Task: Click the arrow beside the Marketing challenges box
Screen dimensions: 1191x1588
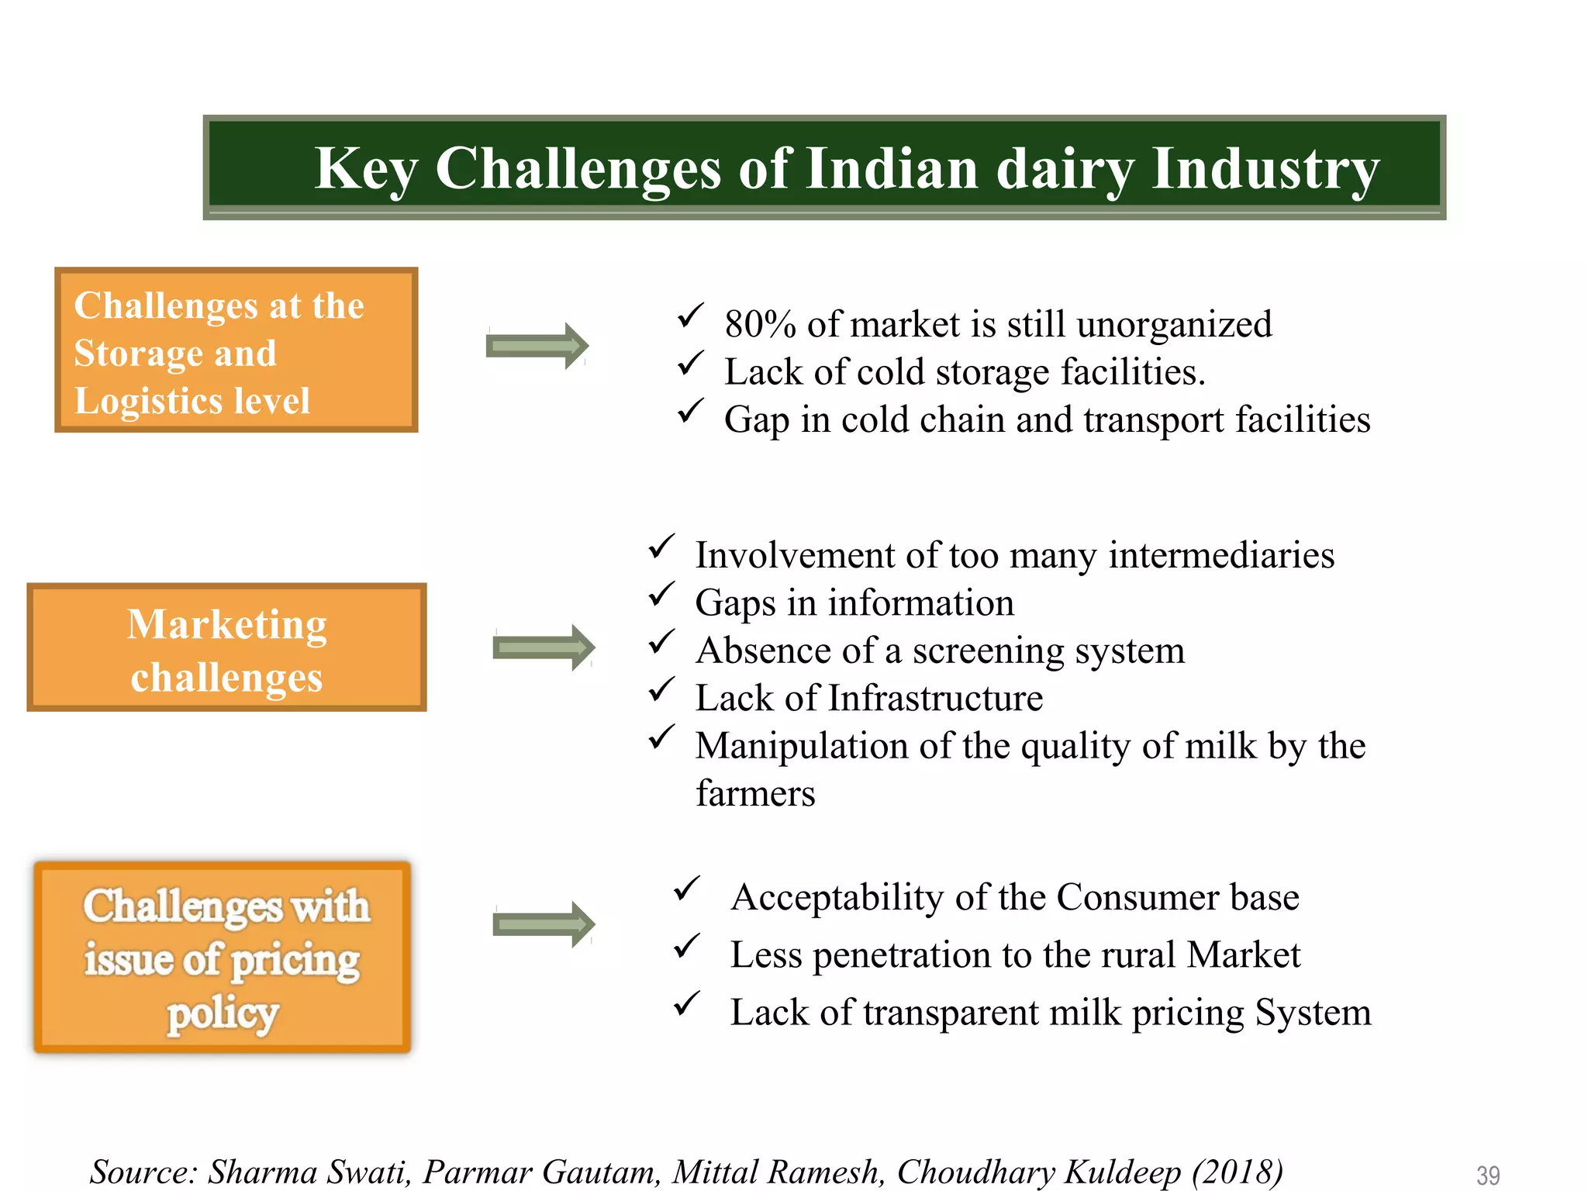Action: coord(544,647)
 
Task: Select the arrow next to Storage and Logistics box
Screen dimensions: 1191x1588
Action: coord(537,346)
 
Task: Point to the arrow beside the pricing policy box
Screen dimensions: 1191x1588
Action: coord(544,924)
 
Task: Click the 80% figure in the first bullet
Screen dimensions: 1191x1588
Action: coord(760,324)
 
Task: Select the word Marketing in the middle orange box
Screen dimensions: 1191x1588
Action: coord(226,625)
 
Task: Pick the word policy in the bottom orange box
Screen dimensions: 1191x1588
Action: coord(223,1014)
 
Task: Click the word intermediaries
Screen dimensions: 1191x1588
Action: coord(1221,555)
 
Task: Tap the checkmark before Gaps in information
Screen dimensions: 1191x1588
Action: coord(661,595)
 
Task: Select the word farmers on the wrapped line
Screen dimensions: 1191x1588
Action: coord(755,793)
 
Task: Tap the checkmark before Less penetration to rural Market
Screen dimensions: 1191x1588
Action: coord(686,946)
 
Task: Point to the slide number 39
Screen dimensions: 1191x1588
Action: coord(1487,1175)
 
